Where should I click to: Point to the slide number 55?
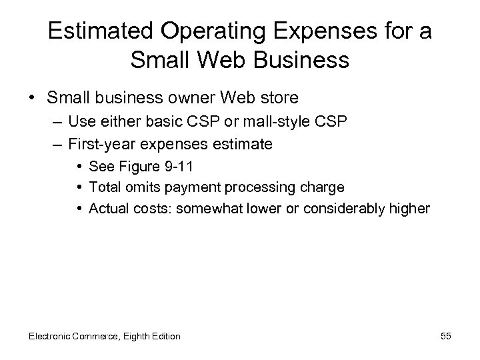click(445, 336)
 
